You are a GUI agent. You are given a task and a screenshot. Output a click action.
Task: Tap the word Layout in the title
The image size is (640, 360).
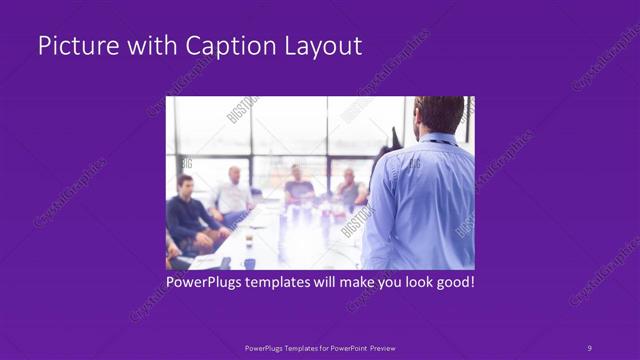pos(323,47)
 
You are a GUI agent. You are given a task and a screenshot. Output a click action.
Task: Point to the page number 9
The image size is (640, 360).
pos(589,347)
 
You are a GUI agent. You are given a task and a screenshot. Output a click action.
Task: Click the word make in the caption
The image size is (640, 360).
pos(350,282)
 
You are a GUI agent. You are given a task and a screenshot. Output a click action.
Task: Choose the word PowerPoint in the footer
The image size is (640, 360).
pos(350,347)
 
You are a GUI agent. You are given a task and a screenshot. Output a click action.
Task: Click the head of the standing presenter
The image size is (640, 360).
pos(439,112)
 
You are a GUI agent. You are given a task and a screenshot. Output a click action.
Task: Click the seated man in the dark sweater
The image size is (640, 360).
pos(186,215)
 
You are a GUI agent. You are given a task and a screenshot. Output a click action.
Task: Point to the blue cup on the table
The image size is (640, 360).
pos(250,263)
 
